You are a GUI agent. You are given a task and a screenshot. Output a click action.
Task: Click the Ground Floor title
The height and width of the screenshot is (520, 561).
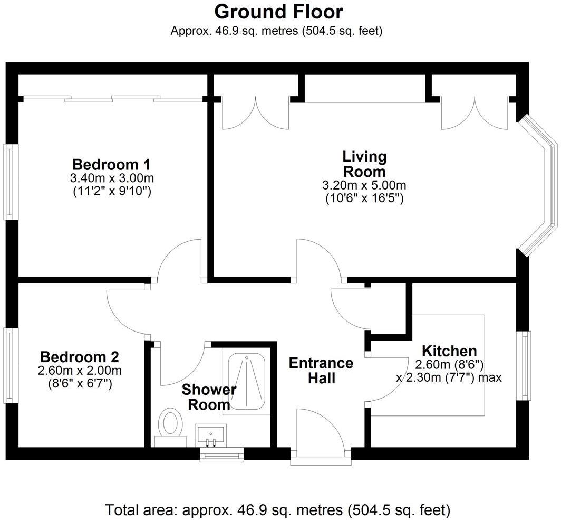tap(278, 11)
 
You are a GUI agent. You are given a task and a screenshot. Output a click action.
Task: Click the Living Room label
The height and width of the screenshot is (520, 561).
tap(364, 164)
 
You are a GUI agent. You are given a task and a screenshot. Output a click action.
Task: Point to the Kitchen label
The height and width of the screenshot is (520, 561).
tap(449, 351)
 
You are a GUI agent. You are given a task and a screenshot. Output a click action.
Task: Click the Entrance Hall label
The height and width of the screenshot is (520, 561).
tap(321, 371)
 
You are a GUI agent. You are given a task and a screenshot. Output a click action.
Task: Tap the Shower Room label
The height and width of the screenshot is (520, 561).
tap(209, 398)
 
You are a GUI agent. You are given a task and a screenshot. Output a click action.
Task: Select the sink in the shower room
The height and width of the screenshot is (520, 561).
tap(210, 434)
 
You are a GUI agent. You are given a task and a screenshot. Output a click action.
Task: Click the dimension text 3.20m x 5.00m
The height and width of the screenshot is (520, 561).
tap(364, 186)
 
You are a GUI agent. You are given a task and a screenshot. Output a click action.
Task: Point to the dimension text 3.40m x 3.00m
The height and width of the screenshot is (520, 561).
tap(112, 177)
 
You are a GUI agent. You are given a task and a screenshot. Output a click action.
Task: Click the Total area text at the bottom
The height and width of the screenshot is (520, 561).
tap(278, 510)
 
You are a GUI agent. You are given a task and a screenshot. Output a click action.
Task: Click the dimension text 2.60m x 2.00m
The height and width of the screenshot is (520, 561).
tap(80, 370)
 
